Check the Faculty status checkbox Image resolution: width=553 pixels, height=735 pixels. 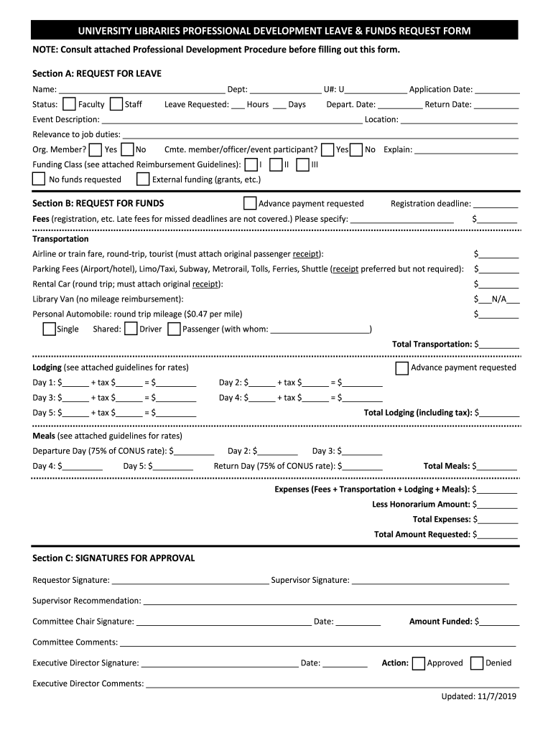pos(70,104)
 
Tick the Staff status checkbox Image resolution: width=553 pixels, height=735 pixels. pos(116,104)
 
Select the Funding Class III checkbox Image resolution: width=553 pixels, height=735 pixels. pos(302,165)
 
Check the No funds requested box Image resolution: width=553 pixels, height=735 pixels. pos(39,179)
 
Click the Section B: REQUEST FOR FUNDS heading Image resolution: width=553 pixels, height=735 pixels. pos(98,203)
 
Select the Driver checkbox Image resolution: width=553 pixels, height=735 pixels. pos(131,329)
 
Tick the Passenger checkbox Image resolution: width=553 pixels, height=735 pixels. pos(174,329)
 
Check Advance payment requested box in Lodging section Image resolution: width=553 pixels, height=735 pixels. pos(402,367)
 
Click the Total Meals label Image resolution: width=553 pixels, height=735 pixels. pos(447,466)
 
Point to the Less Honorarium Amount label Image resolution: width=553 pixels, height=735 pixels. pos(421,504)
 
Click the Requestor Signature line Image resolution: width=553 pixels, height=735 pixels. pos(190,581)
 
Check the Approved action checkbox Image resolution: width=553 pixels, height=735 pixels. pos(419,663)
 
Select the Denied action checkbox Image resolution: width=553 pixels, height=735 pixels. pos(477,663)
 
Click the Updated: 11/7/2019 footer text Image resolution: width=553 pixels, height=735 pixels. pos(479,696)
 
